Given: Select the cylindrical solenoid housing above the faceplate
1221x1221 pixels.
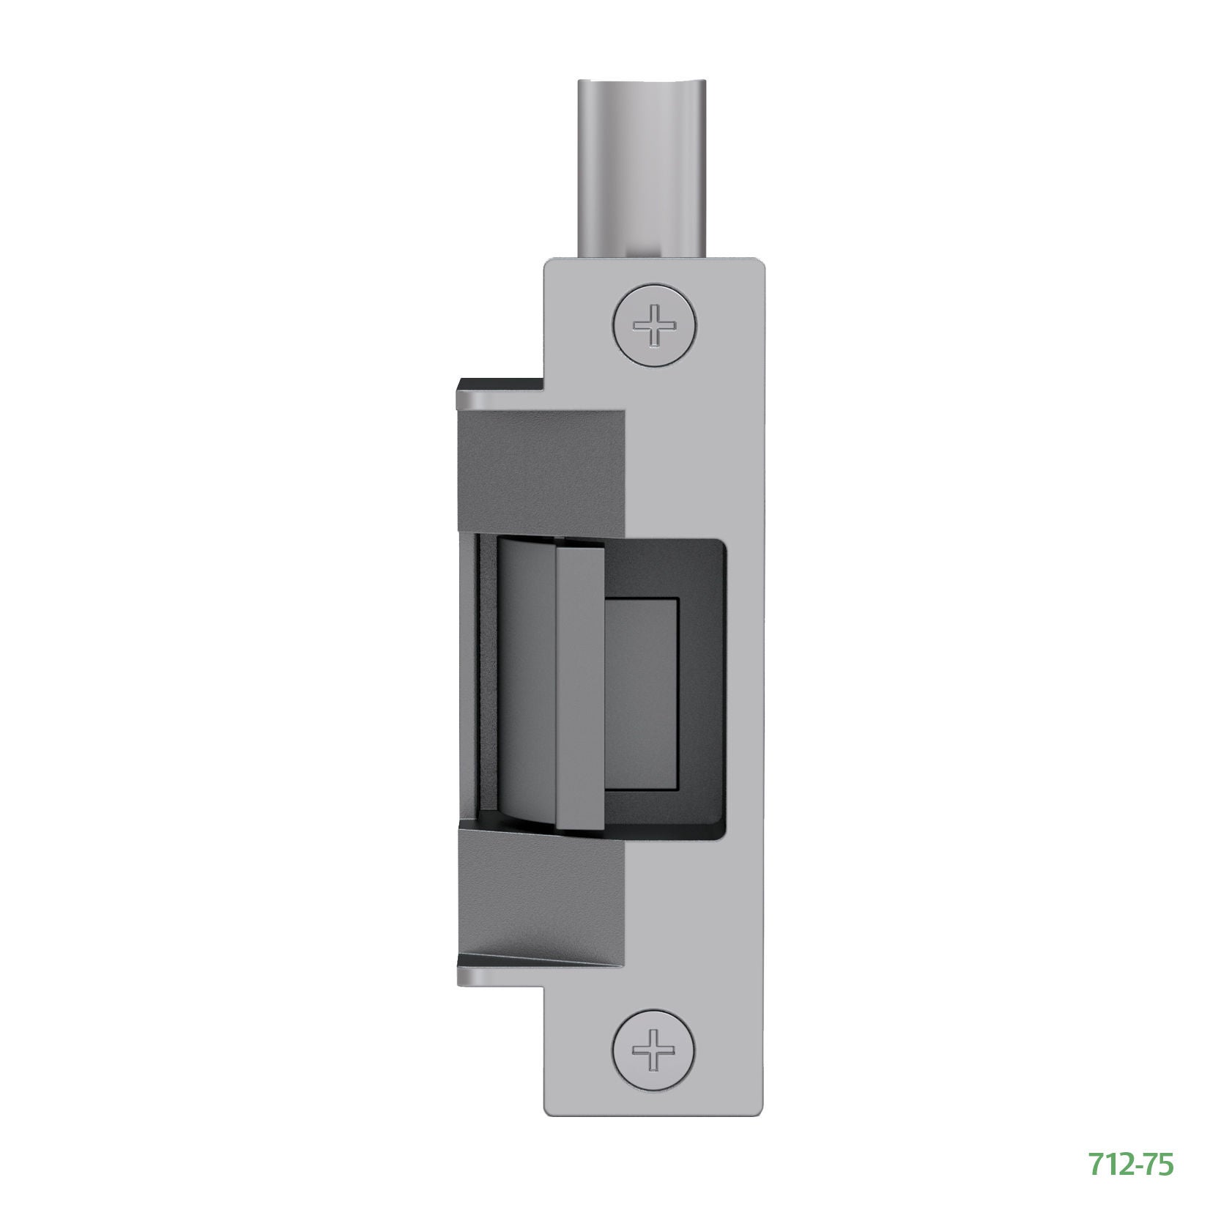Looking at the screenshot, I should coord(644,168).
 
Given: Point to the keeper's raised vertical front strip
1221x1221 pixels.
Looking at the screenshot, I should coord(580,689).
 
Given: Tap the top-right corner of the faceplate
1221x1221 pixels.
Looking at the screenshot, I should coord(762,261).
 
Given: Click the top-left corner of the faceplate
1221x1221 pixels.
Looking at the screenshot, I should coord(547,261).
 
